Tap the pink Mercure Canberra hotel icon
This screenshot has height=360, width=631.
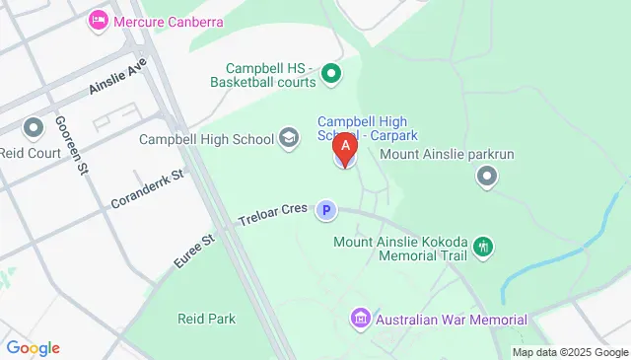coord(99,21)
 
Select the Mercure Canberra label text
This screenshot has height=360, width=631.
coord(168,22)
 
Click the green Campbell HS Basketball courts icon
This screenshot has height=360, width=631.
coord(332,73)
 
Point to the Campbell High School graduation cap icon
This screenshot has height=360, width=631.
coord(289,138)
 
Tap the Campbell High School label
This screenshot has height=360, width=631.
coord(206,139)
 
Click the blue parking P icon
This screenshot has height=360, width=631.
coord(325,209)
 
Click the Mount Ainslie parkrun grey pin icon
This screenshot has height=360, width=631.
coord(486,178)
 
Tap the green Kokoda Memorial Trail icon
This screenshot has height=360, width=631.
coord(483,247)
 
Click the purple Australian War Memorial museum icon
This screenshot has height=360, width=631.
coord(360,320)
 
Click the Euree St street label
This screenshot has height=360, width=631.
coord(194,248)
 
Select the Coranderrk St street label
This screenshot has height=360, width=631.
coord(148,186)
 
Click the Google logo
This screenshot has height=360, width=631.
coord(33,347)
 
